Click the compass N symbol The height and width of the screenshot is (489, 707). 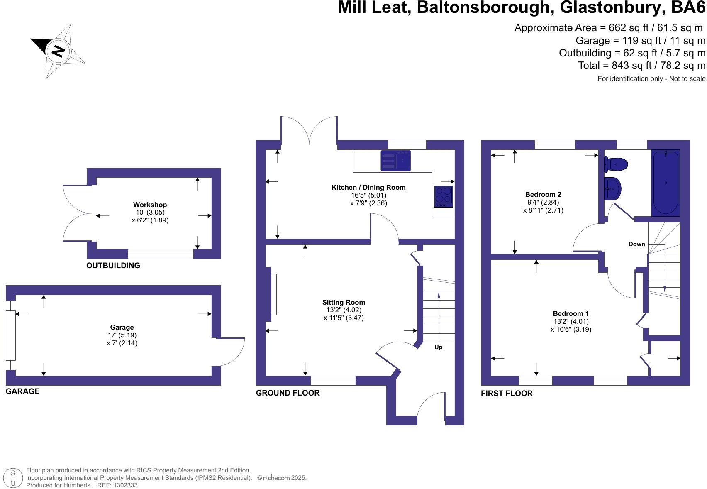pos(59,51)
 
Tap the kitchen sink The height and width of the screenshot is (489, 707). pos(395,161)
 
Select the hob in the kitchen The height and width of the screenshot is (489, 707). pos(443,196)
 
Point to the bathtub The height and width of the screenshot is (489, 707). pos(666,183)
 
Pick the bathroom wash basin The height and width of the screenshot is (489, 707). pos(613,188)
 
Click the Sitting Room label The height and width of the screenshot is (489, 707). pos(344,302)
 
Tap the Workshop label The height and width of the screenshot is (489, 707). pos(150,205)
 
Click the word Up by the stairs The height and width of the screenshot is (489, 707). pos(438,347)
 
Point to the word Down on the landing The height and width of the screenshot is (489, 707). pos(636,244)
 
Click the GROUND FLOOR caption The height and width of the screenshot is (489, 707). pos(288,393)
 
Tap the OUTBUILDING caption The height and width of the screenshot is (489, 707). pos(113,265)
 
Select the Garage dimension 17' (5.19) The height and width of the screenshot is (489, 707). pos(122,335)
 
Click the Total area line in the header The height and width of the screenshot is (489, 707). pos(641,65)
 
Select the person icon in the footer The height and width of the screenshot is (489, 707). pos(14,478)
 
